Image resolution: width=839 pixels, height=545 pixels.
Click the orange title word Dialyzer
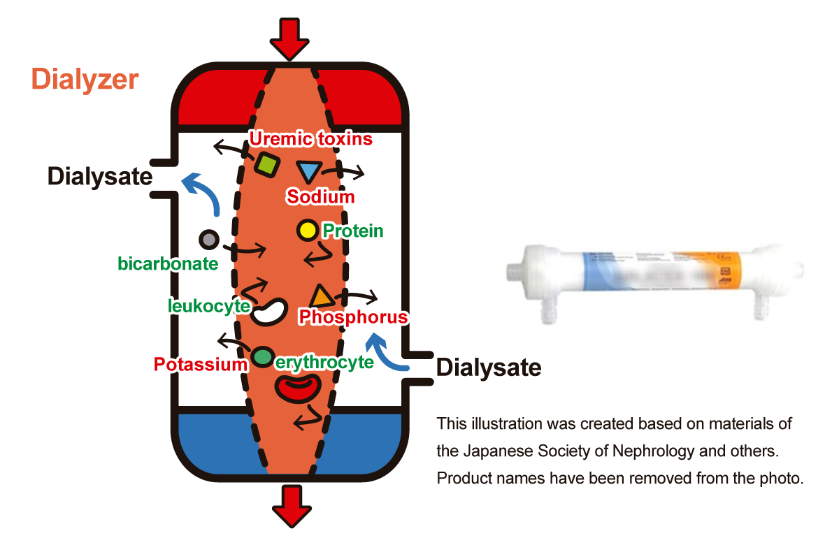point(85,80)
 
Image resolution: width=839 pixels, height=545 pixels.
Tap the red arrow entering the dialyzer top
point(289,38)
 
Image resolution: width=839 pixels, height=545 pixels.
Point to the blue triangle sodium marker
point(308,172)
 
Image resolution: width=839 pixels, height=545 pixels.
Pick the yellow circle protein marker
point(307,229)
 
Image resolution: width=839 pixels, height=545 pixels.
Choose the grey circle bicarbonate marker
point(208,240)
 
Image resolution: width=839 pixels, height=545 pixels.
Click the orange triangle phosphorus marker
point(322,296)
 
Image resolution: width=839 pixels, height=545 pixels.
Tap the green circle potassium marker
point(262,357)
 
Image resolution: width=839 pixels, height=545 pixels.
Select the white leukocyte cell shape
point(270,312)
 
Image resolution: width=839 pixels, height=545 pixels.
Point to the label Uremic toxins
point(311,139)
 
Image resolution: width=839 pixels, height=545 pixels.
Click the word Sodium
point(320,197)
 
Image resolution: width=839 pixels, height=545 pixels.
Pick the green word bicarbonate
point(168,264)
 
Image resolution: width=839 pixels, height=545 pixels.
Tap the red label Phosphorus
point(352,317)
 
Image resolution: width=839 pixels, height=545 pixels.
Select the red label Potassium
point(201,364)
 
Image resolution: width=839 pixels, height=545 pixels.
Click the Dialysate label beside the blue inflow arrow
point(489,367)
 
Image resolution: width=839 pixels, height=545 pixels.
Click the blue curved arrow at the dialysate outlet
point(201,193)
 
